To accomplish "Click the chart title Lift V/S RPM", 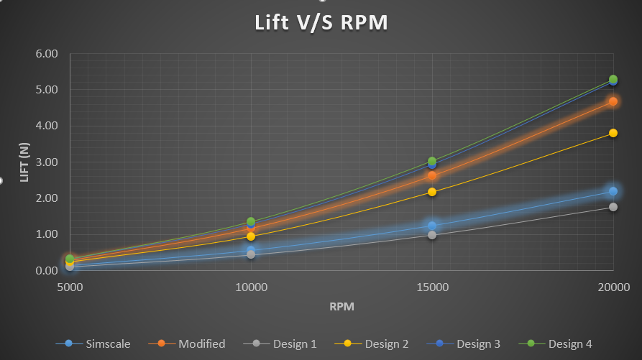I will pos(321,23).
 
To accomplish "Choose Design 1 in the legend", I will pos(294,343).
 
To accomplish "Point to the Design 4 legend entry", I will pos(569,343).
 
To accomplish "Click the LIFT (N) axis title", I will pos(24,162).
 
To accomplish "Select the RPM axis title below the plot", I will pos(341,307).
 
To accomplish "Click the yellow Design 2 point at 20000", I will pos(613,133).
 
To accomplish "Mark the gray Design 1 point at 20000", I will pos(613,207).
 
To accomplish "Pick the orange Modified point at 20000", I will pos(613,101).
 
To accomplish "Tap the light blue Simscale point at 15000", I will pos(432,226).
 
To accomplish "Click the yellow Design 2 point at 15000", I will pos(432,192).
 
